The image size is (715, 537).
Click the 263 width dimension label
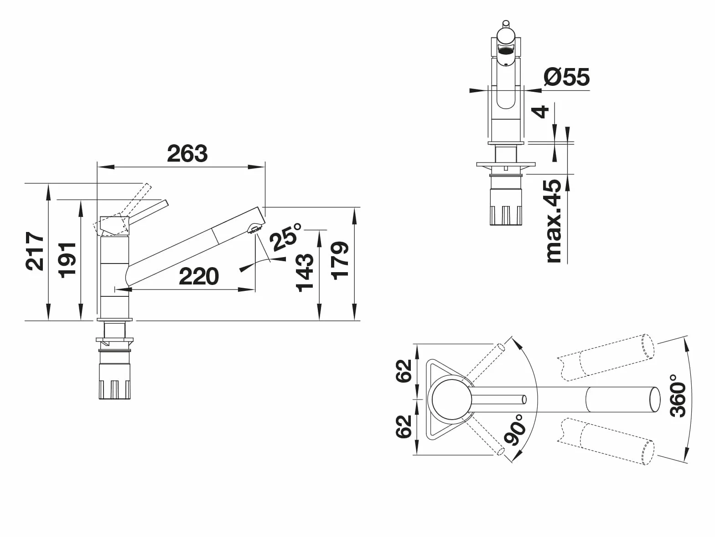(187, 153)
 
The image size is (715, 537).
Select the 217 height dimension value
(35, 251)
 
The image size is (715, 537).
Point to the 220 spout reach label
(199, 276)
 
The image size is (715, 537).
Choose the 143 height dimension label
(304, 272)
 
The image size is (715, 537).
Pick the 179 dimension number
(339, 261)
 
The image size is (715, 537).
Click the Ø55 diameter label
(566, 77)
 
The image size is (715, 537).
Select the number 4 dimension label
(540, 112)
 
